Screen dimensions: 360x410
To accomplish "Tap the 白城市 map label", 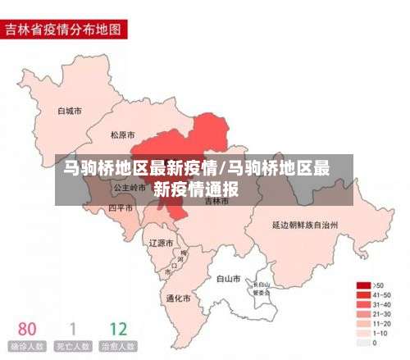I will click(70, 110).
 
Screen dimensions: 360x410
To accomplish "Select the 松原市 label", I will click(123, 134).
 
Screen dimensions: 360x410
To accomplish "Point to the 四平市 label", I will click(121, 208).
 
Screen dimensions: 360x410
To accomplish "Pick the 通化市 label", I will click(178, 298).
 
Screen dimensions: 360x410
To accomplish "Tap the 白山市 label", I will click(227, 279).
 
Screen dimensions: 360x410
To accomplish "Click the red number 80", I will click(27, 329).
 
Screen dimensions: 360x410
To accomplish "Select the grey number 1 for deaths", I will click(73, 329).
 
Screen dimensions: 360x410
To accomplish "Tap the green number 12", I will click(118, 329).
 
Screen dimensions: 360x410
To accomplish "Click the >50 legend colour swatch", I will click(362, 285).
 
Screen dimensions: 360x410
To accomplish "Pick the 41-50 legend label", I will click(381, 294).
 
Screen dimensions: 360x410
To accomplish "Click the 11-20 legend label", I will click(381, 324).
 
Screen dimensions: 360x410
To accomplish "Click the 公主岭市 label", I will click(128, 187).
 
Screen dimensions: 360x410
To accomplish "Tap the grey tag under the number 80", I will click(27, 347).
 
